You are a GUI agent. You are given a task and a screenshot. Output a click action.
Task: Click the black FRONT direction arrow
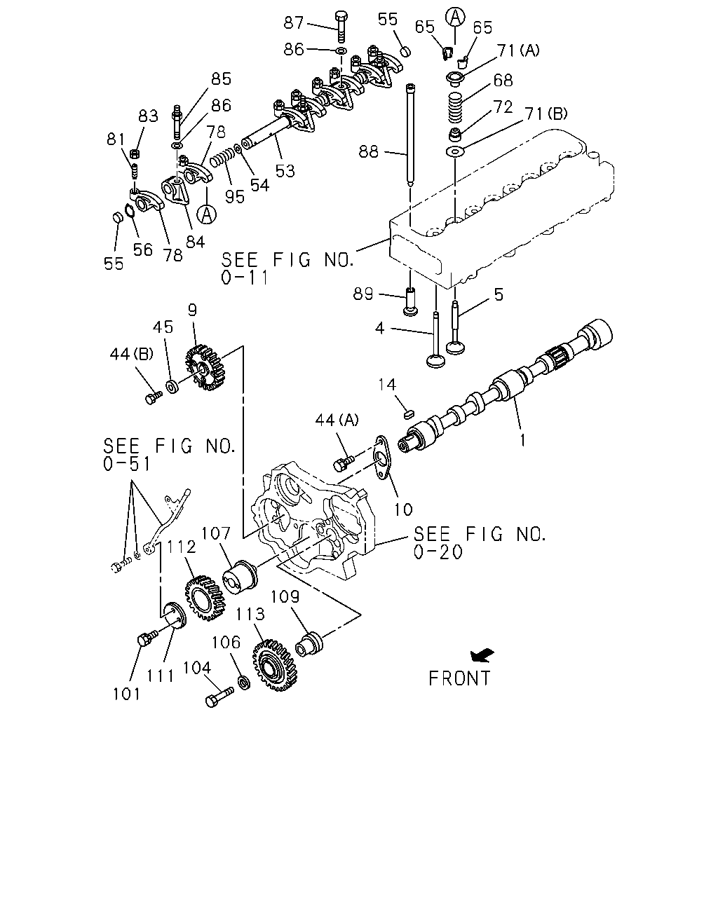pyautogui.click(x=482, y=655)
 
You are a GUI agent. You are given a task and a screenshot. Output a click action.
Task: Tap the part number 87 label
pyautogui.click(x=294, y=22)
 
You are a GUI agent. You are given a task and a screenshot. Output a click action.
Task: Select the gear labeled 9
pyautogui.click(x=205, y=367)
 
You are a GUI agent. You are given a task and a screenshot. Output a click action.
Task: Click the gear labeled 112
pyautogui.click(x=205, y=598)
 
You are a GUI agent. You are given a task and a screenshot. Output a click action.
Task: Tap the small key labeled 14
pyautogui.click(x=409, y=414)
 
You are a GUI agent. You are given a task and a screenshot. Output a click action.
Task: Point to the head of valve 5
pyautogui.click(x=456, y=347)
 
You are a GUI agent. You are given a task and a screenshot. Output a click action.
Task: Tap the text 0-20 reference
pyautogui.click(x=438, y=552)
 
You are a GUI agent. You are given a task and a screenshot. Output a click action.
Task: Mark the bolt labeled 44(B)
pyautogui.click(x=153, y=397)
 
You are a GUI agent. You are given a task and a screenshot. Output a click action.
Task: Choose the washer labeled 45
pyautogui.click(x=172, y=386)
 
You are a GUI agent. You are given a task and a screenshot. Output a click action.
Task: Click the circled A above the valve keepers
pyautogui.click(x=455, y=18)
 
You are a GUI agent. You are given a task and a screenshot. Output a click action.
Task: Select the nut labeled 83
pyautogui.click(x=135, y=153)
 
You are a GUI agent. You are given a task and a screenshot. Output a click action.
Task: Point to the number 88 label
pyautogui.click(x=368, y=152)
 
